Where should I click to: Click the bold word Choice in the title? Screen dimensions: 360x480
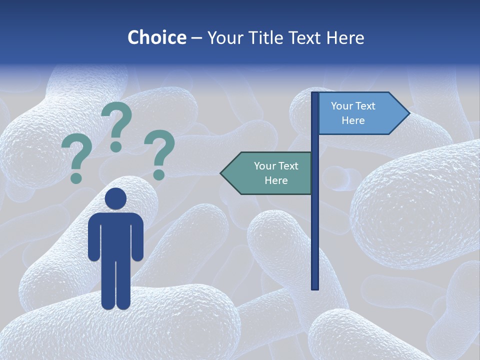(x=156, y=37)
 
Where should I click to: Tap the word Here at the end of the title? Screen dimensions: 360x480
(x=345, y=37)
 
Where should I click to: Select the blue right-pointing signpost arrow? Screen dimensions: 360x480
(x=360, y=113)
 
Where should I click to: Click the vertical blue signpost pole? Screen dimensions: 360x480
(x=315, y=225)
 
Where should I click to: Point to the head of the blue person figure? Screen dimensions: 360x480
(x=116, y=198)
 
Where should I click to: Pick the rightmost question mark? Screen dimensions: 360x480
(x=160, y=152)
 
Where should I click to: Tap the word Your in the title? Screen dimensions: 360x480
(x=223, y=37)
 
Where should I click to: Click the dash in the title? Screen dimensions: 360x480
(x=196, y=38)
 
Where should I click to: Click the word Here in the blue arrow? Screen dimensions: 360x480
(x=353, y=120)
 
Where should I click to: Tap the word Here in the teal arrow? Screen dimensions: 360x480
(x=276, y=180)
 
